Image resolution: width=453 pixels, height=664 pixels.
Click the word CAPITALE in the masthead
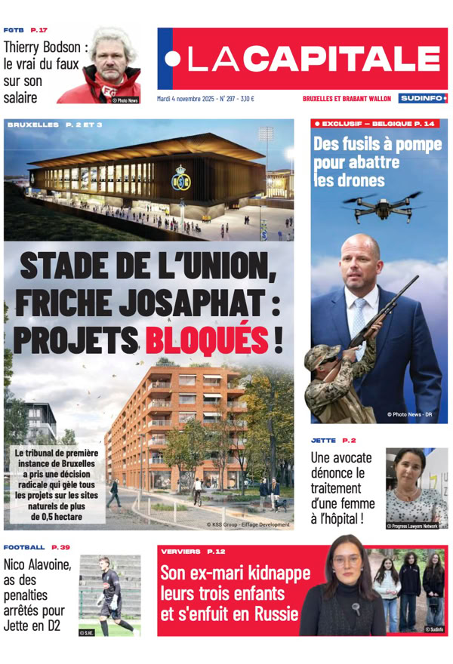pos(360,59)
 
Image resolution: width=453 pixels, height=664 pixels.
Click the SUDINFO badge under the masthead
pos(423,98)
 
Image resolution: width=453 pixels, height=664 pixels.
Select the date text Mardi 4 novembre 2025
pos(186,98)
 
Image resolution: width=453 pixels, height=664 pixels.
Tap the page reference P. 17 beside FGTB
pos(39,29)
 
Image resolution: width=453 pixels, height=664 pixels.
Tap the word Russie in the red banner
pos(275,614)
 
